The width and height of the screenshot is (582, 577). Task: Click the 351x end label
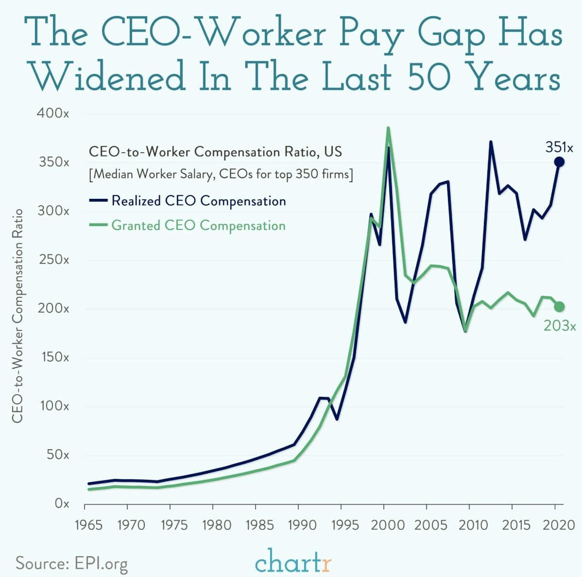click(559, 147)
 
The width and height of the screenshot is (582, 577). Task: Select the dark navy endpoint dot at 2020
click(559, 162)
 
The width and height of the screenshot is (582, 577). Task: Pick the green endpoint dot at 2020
click(559, 306)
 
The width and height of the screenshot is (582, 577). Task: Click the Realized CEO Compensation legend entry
click(187, 201)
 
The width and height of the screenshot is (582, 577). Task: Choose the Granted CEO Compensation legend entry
click(187, 226)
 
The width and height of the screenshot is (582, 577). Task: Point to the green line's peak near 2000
click(388, 128)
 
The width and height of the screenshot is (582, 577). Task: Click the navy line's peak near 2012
click(491, 142)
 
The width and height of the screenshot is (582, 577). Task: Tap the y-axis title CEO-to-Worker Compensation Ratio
click(17, 316)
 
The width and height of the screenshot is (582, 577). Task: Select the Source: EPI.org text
click(72, 563)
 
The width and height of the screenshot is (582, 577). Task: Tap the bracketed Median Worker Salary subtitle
click(221, 174)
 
